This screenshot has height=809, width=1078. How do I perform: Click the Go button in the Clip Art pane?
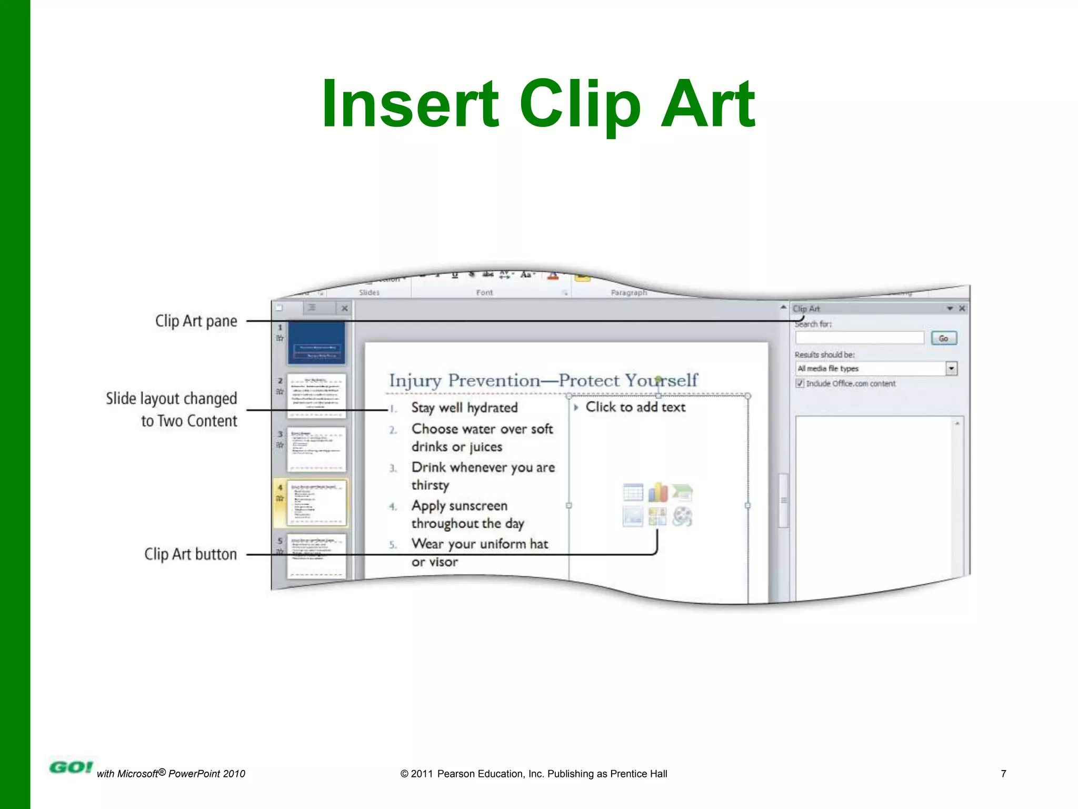[943, 338]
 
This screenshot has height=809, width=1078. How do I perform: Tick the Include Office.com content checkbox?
[800, 383]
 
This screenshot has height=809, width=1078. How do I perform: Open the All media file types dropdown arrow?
[951, 369]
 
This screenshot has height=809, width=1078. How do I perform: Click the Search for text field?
[859, 338]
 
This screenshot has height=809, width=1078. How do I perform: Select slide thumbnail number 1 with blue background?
[316, 343]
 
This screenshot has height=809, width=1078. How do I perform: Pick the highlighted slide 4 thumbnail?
[316, 502]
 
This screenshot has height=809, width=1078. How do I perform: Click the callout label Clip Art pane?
[196, 321]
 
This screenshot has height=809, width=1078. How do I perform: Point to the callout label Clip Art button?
[191, 554]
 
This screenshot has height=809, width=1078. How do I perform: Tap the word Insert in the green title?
[410, 104]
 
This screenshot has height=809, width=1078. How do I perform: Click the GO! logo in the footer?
[71, 767]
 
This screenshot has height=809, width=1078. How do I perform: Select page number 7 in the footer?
[1003, 774]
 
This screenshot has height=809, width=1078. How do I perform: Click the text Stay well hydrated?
[464, 408]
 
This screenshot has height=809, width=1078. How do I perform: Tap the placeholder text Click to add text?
[635, 407]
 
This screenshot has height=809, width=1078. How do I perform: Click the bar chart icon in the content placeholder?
[657, 492]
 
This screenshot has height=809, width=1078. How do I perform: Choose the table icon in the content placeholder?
[633, 492]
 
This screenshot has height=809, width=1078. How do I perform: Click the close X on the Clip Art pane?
[962, 309]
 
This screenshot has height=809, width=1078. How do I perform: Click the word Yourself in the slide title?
[661, 380]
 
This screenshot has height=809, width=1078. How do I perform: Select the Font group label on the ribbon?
[484, 292]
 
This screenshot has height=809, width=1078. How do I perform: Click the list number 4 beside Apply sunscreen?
[393, 507]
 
